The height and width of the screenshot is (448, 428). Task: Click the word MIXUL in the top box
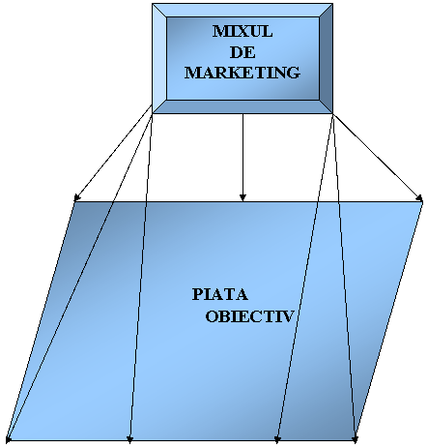243,31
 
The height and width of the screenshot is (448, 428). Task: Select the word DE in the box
243,52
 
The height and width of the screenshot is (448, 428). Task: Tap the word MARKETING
243,73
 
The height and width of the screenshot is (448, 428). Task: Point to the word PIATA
220,294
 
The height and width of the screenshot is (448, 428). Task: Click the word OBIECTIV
250,316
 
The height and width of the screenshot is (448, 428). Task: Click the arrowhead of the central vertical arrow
243,197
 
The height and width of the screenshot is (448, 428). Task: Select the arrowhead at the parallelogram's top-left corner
77,197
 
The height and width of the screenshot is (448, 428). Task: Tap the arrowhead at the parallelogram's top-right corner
419,198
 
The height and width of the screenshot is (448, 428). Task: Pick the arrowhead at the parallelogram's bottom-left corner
9,438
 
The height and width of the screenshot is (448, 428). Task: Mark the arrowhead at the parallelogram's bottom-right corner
355,439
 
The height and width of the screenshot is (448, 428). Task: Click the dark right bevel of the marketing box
326,58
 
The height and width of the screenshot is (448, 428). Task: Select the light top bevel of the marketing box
243,11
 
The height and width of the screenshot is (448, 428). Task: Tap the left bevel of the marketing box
159,58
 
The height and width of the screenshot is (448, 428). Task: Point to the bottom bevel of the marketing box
243,106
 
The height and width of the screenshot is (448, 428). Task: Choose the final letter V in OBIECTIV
288,316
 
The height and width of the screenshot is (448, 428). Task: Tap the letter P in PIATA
197,294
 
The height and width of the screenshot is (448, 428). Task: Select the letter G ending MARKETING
294,73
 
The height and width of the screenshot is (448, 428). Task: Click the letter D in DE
236,52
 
